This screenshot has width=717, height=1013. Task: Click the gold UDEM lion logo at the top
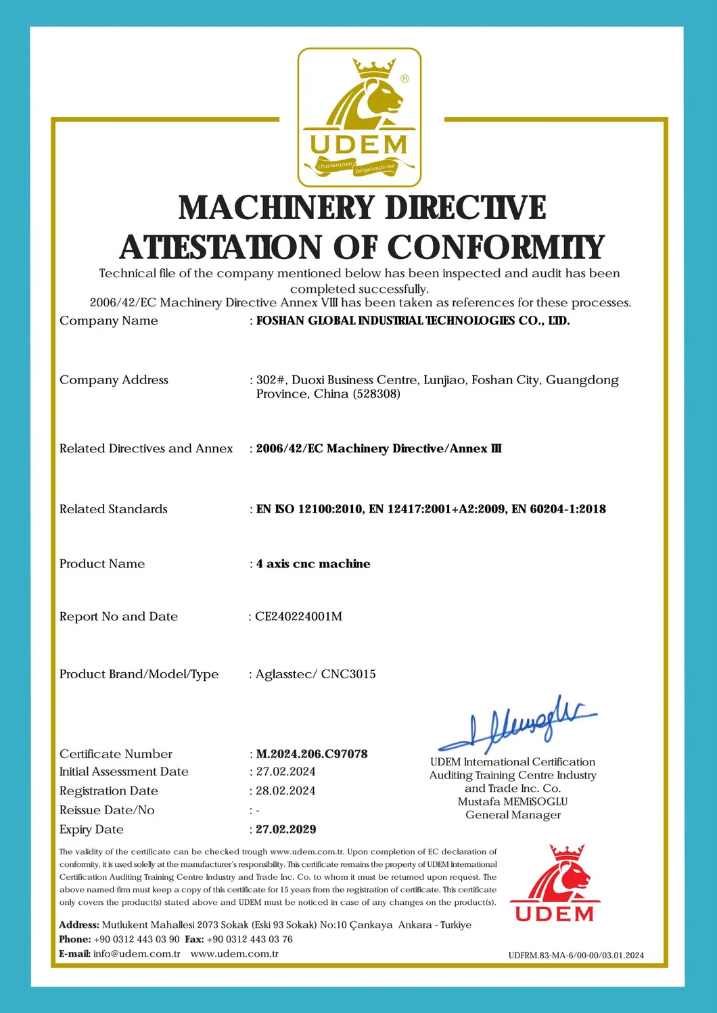359,117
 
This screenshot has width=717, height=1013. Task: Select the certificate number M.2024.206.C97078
312,753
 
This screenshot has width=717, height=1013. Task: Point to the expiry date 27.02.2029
285,829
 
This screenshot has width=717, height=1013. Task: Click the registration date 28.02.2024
285,791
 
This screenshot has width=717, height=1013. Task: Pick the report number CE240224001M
298,616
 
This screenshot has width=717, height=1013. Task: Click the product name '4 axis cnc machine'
313,563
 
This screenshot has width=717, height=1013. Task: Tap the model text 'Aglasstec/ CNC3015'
315,674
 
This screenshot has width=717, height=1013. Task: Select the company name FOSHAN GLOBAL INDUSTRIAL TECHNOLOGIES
413,321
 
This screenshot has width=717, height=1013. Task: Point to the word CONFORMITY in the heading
495,247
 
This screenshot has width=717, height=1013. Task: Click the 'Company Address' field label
114,379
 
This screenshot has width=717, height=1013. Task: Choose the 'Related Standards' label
113,509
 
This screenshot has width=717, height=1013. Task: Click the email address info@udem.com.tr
137,953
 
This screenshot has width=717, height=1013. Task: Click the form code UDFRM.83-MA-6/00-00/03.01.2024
576,955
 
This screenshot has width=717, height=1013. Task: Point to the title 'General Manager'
513,814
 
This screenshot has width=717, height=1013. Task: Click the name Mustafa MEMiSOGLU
513,801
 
